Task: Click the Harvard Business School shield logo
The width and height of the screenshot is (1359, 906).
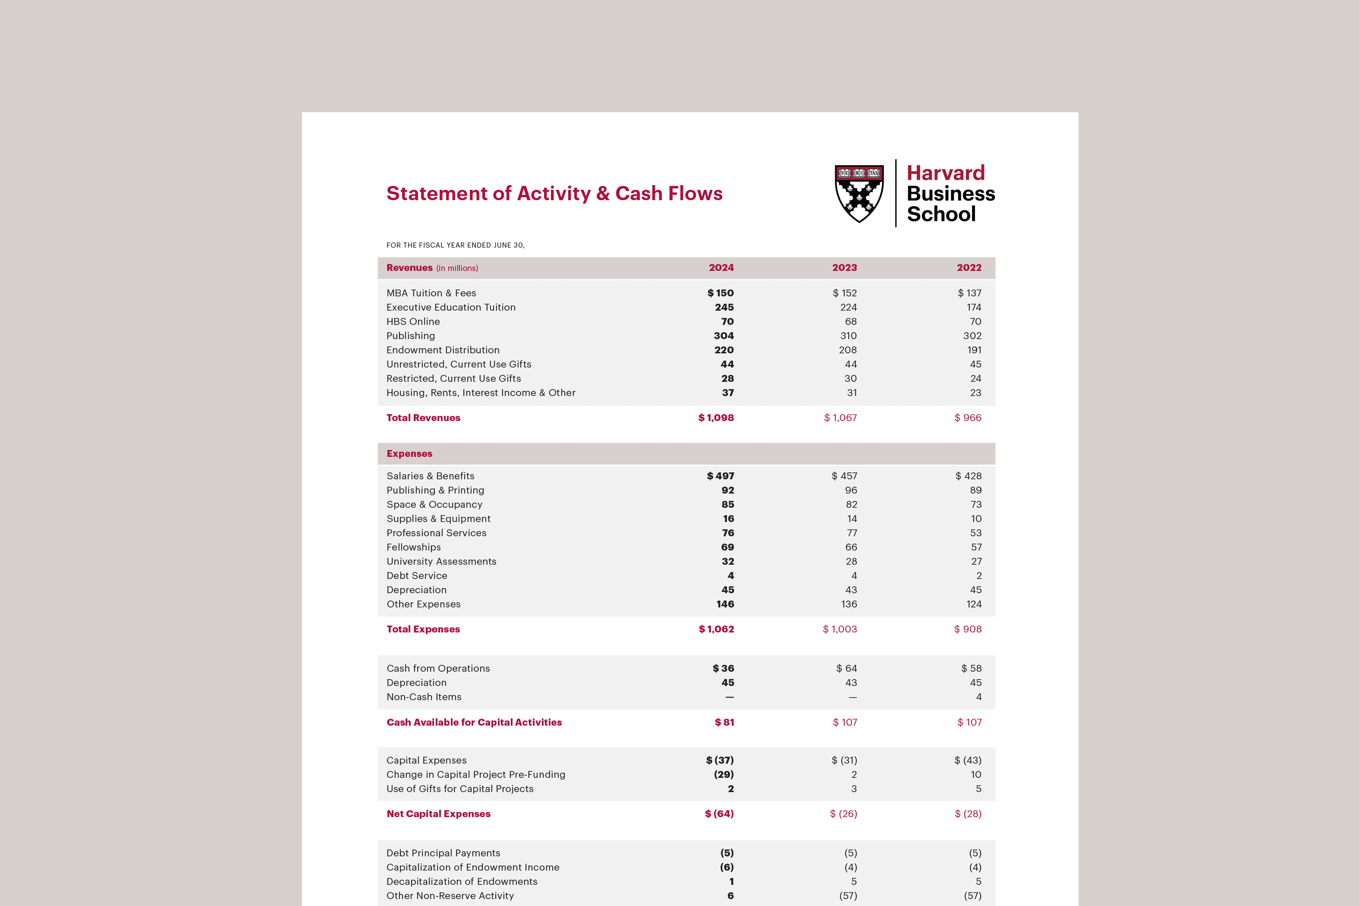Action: (859, 194)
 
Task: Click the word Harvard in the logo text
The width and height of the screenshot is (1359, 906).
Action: (945, 173)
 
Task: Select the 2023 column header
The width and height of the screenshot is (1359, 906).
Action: (844, 267)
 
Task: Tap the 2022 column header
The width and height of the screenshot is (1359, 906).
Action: (969, 267)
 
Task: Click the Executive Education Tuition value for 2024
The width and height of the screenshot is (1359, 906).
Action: (724, 307)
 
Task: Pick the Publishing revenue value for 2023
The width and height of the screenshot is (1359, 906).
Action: (848, 336)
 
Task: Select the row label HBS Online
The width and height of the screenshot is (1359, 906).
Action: (413, 321)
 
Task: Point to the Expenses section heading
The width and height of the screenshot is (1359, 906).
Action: (409, 453)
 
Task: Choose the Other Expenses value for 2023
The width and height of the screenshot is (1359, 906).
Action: (849, 604)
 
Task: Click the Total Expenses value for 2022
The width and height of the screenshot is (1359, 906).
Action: (968, 629)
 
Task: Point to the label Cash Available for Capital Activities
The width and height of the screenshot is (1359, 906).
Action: (474, 722)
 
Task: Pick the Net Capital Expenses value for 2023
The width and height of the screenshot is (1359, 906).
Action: (843, 814)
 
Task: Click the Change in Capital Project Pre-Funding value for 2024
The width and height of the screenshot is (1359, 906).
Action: (724, 775)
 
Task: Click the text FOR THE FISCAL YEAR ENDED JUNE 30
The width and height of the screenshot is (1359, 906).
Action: (455, 245)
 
